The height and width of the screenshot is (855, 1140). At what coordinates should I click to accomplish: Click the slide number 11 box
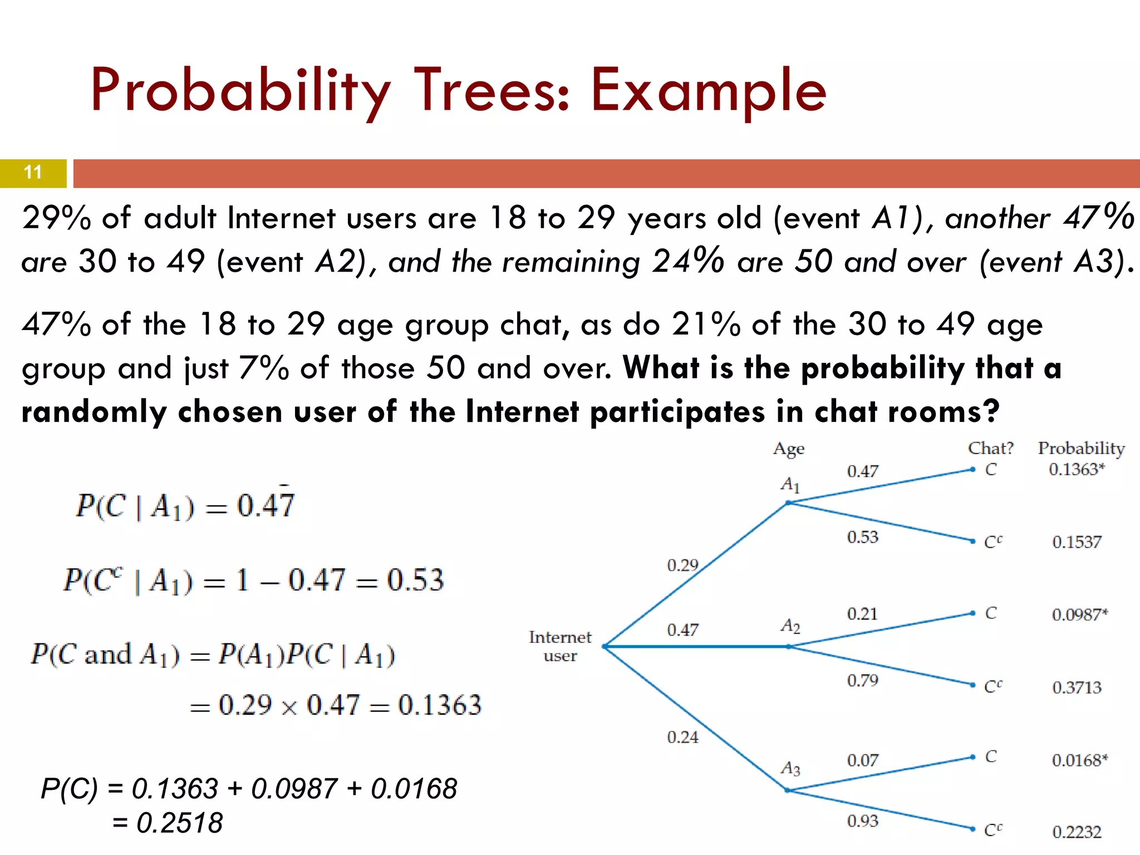tap(33, 173)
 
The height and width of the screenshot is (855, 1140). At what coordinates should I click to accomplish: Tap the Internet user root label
tap(559, 646)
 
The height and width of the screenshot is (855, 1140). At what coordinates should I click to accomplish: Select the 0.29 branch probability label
tap(682, 566)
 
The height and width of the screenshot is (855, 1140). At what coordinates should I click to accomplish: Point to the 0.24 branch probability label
tap(682, 738)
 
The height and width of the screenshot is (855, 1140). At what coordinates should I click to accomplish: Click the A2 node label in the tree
tap(790, 626)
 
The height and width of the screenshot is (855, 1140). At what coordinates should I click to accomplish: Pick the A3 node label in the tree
tap(790, 769)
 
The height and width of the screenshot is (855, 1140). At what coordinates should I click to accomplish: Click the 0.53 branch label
tap(862, 537)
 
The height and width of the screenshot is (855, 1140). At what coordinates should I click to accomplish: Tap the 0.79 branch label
tap(862, 680)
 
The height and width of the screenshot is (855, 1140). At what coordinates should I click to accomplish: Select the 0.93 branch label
tap(862, 821)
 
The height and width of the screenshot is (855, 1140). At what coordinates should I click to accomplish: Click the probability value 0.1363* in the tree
tap(1076, 469)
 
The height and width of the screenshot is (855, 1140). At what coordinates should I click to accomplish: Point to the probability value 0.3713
tap(1076, 687)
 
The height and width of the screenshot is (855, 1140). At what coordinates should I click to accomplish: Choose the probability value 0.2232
tap(1076, 832)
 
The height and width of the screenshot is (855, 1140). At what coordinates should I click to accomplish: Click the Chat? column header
tap(990, 448)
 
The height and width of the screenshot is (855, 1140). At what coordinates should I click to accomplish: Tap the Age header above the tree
tap(788, 449)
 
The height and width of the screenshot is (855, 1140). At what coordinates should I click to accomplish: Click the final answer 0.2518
tap(179, 823)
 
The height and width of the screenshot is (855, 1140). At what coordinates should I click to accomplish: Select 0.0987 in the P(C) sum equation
tap(294, 789)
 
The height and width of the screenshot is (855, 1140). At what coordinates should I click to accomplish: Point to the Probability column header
tap(1081, 448)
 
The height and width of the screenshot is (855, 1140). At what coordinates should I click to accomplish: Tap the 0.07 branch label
tap(862, 760)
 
